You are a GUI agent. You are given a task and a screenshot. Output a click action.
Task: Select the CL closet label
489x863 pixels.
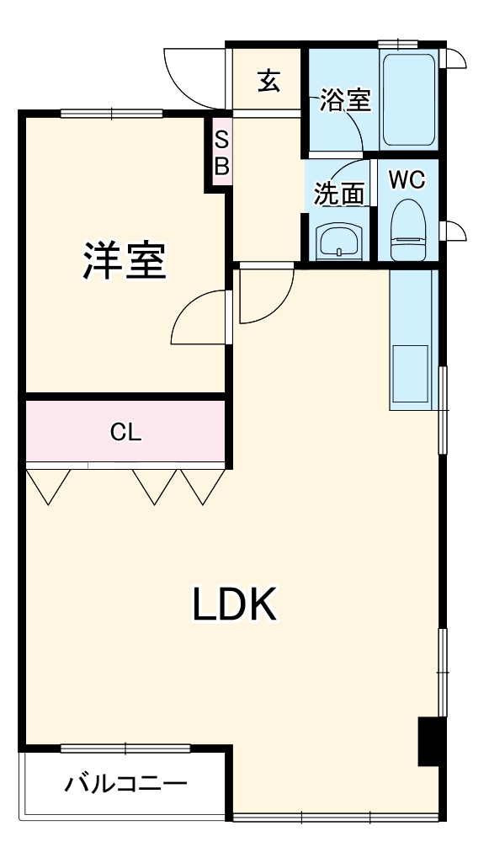[x=125, y=433]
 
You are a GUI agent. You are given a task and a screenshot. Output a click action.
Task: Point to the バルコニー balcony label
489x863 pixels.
[x=125, y=785]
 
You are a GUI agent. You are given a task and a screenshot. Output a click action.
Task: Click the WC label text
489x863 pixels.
[x=407, y=178]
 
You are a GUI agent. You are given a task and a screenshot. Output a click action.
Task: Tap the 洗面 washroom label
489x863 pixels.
[x=338, y=194]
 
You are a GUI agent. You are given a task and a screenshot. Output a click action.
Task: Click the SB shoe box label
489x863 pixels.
[x=221, y=153]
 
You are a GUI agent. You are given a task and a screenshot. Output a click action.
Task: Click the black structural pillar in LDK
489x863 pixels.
[x=429, y=741]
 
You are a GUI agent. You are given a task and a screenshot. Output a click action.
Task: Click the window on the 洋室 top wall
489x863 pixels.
[x=111, y=113]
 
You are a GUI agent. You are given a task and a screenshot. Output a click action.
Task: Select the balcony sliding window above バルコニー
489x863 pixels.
[x=125, y=748]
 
